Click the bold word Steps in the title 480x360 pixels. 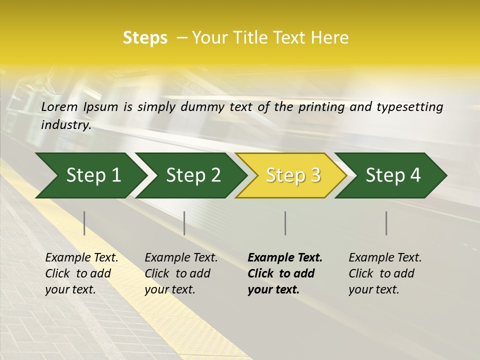coord(145,38)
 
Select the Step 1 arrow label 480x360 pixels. coord(93,175)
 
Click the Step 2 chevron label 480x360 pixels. coord(193,175)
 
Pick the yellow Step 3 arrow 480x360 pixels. coord(293,175)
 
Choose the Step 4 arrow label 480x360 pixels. coord(393,175)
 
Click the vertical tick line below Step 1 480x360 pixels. coord(84,223)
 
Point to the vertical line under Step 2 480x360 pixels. coord(184,223)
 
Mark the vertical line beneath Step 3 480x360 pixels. coord(285,223)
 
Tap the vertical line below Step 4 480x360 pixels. coord(386,223)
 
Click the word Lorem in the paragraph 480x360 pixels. coord(59,107)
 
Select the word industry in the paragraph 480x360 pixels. coord(65,125)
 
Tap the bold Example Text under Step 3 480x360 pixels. coord(285,258)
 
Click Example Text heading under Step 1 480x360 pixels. coord(81,258)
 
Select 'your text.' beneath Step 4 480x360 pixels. coord(373,289)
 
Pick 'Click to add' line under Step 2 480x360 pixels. coord(177,273)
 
